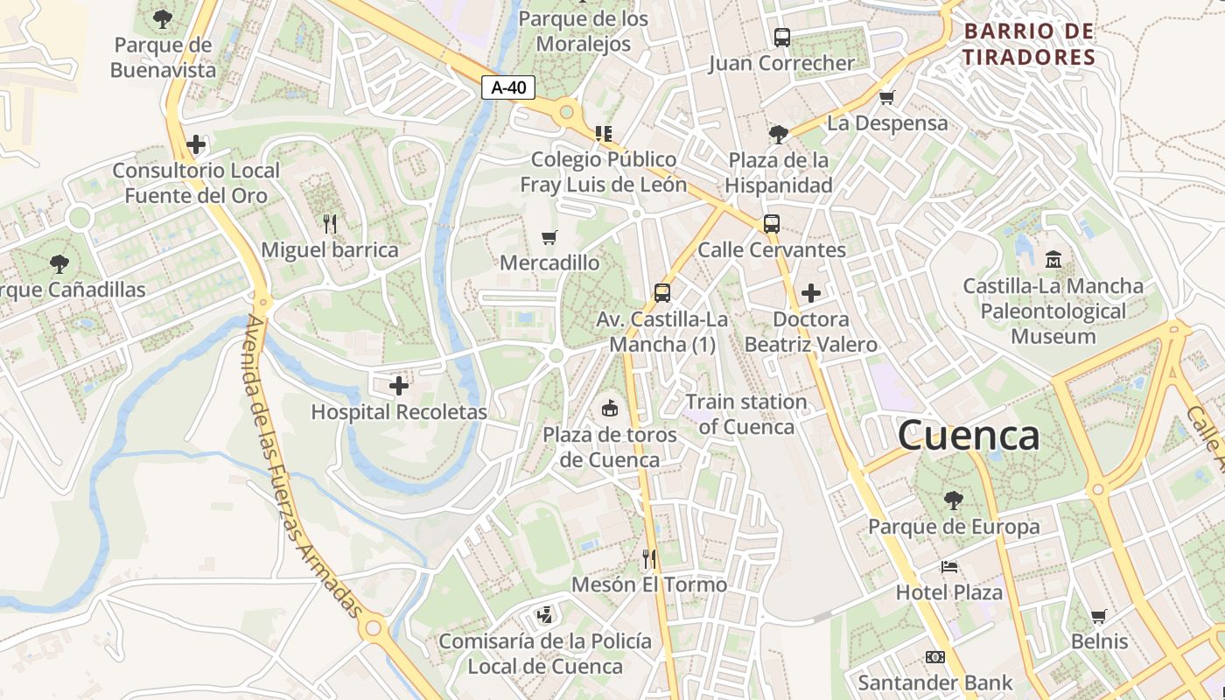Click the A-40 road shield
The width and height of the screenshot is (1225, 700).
[507, 87]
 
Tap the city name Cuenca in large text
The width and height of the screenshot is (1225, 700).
[969, 435]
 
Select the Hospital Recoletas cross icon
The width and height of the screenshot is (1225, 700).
[399, 385]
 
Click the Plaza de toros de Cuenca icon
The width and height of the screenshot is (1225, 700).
[609, 408]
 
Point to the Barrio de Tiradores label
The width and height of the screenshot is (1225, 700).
[1029, 45]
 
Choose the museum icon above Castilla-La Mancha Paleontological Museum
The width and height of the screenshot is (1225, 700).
[1053, 259]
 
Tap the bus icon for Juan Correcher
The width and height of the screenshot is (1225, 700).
[781, 38]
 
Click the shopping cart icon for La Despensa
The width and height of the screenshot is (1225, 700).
[886, 97]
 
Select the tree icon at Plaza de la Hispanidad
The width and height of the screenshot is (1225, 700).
[778, 134]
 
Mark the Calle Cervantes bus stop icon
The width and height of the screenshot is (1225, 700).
[771, 223]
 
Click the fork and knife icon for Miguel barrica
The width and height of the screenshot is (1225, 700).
[330, 224]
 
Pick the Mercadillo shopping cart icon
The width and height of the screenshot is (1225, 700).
[549, 237]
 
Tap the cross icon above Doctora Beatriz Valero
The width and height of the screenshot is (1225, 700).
[811, 292]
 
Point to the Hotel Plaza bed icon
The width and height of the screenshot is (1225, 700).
[949, 566]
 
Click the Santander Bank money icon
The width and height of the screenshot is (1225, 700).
[935, 656]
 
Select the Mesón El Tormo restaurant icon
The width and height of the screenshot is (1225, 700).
[649, 558]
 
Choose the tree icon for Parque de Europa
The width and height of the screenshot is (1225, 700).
[954, 500]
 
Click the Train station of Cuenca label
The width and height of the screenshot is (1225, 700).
[746, 415]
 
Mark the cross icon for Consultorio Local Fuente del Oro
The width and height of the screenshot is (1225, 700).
[196, 144]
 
